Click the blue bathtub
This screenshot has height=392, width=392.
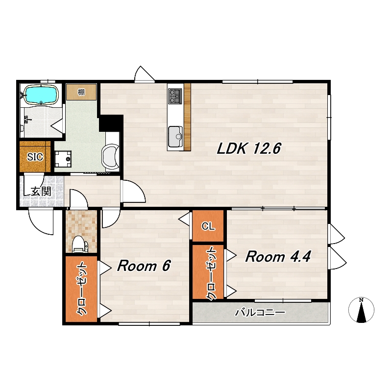tap(41, 95)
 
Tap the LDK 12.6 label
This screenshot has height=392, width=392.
tap(249, 148)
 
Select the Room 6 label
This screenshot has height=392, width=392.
tap(144, 266)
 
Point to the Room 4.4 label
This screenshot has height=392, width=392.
tap(278, 256)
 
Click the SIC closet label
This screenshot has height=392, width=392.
tap(35, 157)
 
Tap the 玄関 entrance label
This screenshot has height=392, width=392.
tap(41, 192)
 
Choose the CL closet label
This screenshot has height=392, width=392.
tap(208, 226)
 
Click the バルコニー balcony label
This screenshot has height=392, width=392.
tap(260, 313)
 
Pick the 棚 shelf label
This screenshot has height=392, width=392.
tap(81, 92)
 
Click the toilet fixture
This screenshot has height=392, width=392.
tap(79, 244)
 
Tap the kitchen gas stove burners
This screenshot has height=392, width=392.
tap(175, 96)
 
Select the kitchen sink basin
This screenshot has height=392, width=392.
tap(175, 137)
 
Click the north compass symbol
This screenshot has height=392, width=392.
tap(361, 310)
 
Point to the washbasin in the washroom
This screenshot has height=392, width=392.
tap(110, 157)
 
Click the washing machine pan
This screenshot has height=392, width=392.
tap(63, 159)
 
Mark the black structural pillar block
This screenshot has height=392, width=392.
tap(111, 123)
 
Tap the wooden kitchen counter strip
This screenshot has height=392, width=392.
tap(187, 117)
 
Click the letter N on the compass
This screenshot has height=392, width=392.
tap(361, 300)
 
